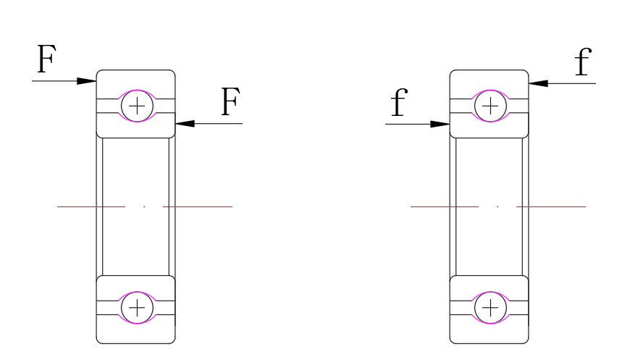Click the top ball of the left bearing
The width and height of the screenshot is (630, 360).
click(136, 107)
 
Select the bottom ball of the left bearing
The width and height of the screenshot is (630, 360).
click(136, 307)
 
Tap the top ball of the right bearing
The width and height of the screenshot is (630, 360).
click(490, 107)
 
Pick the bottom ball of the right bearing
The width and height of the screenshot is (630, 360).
click(490, 307)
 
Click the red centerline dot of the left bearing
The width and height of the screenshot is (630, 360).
click(144, 206)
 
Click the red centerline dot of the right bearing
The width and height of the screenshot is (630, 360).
click(497, 206)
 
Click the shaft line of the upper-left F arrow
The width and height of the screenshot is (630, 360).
click(58, 80)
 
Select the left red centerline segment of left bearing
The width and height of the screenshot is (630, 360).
click(91, 206)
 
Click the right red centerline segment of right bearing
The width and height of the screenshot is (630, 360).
click(551, 206)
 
